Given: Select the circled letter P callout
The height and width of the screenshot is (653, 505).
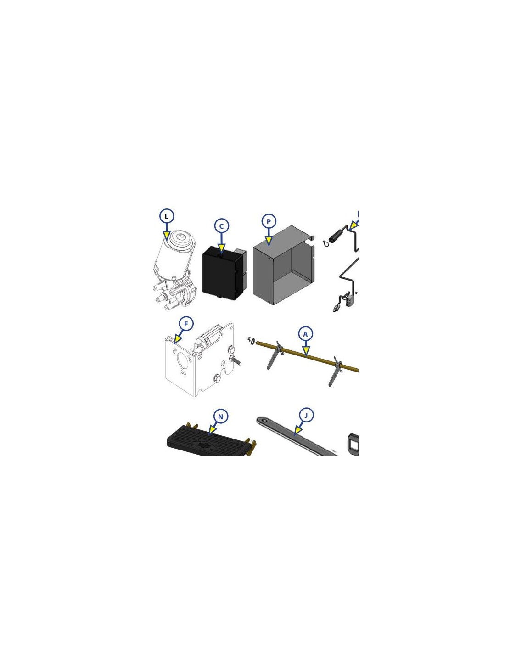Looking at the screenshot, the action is [269, 221].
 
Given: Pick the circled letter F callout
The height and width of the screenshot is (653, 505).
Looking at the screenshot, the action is [186, 324].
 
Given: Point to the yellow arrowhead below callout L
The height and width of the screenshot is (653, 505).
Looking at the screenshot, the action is [166, 235].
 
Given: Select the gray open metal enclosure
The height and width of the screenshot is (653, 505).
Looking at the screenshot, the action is [284, 265].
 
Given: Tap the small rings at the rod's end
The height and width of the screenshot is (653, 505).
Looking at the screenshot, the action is [252, 340].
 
